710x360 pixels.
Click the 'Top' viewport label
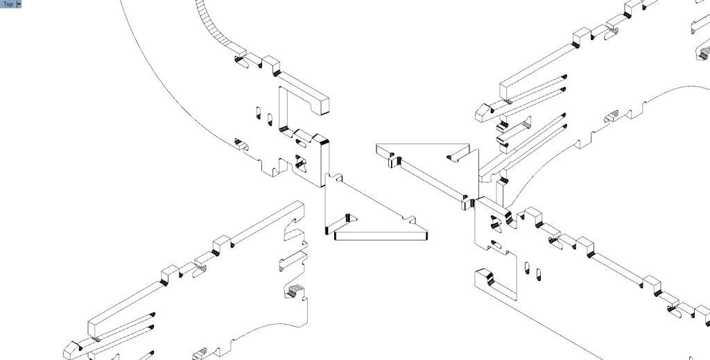click(8, 4)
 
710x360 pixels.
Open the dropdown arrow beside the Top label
click(19, 4)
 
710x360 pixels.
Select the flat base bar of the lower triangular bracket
click(381, 235)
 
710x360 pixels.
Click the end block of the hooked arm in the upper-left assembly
click(324, 105)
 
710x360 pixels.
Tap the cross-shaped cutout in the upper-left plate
click(300, 162)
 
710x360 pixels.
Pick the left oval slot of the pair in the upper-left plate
click(258, 112)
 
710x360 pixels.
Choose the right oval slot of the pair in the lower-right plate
click(538, 274)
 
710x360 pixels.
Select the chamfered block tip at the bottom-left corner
click(72, 350)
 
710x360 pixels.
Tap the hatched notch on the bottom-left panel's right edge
click(296, 291)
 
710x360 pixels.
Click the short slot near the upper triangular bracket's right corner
click(458, 154)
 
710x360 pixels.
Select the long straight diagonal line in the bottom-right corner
click(539, 323)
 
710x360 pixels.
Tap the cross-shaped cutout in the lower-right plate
click(496, 223)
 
